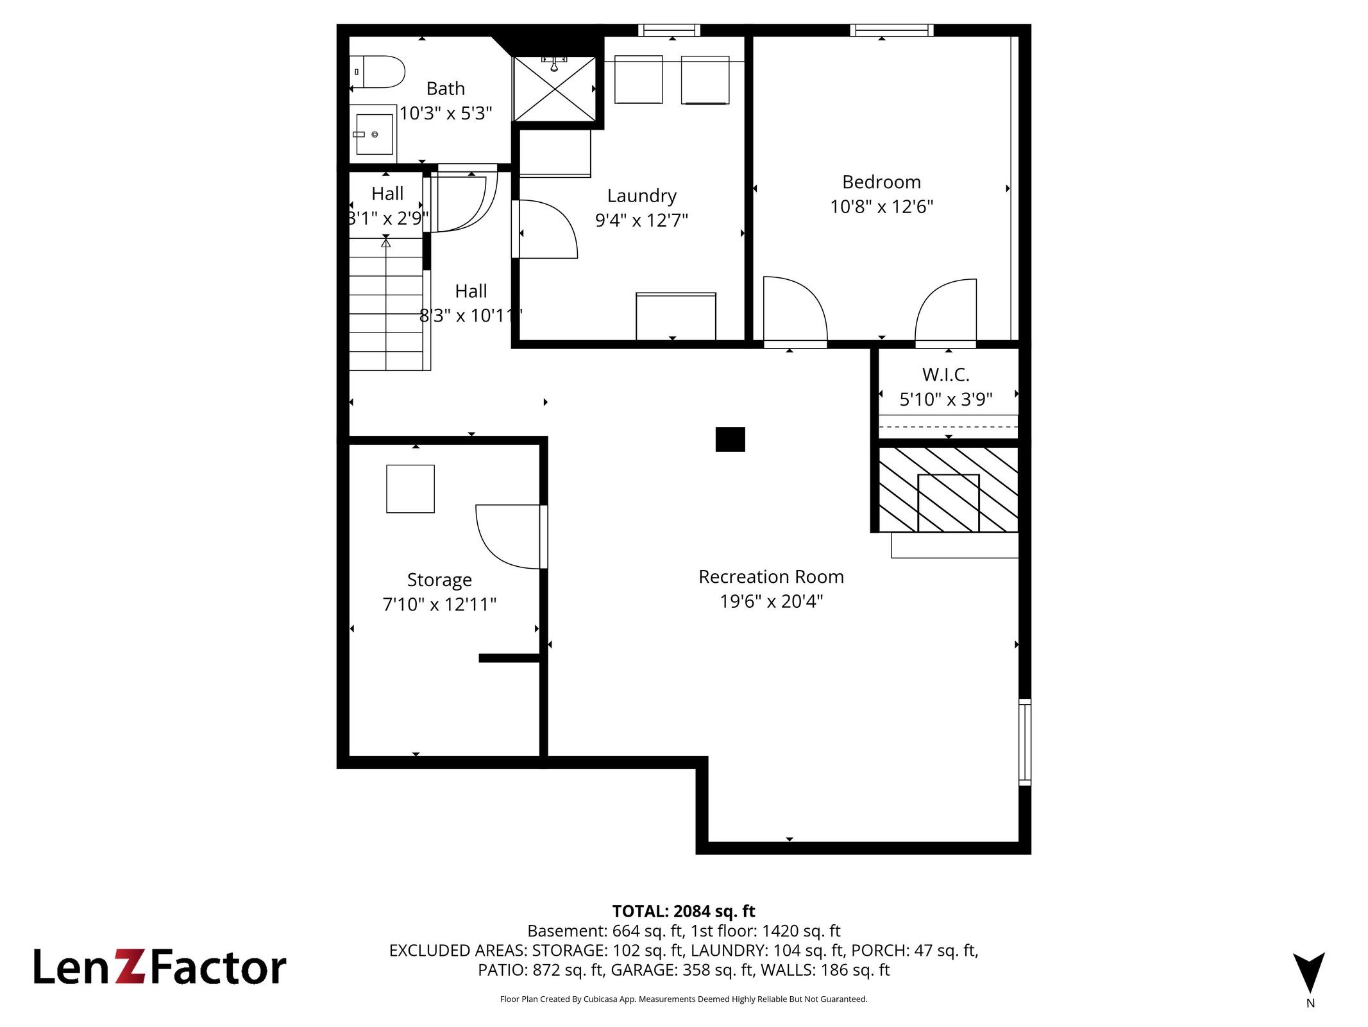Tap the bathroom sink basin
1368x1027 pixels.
click(375, 134)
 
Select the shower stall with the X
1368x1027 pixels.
click(555, 89)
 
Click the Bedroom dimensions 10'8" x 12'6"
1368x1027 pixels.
click(881, 207)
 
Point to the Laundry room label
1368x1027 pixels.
click(641, 196)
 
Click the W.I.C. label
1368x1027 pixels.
click(946, 375)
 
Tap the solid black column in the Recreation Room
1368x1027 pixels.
click(730, 440)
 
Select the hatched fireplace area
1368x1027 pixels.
click(948, 490)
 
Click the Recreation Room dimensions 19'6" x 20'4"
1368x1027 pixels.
click(771, 601)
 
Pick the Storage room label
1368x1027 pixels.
click(439, 580)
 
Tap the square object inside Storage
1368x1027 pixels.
click(410, 489)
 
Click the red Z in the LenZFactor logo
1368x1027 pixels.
click(131, 967)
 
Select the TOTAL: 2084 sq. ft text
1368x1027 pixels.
click(684, 911)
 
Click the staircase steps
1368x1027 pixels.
click(386, 304)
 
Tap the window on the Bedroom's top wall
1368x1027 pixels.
click(891, 30)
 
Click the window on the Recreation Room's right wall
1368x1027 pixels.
click(1025, 742)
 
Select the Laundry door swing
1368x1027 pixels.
click(546, 229)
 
